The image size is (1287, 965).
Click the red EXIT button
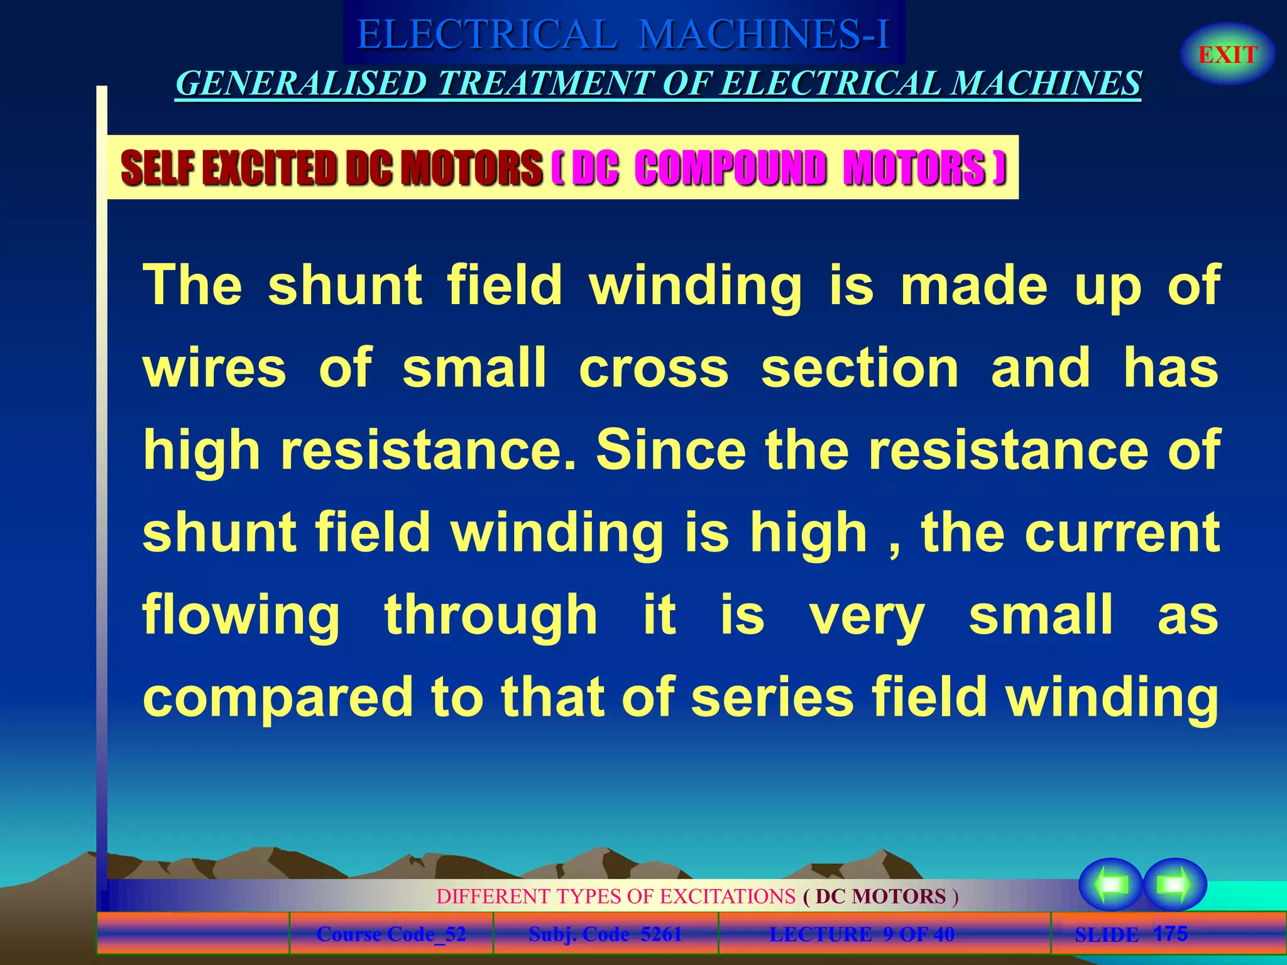coord(1227,55)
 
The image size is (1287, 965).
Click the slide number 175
coord(1170,934)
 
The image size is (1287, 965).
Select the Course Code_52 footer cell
coord(391,934)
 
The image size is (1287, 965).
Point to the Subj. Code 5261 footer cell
coord(605,934)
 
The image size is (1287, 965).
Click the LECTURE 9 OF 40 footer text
coord(862,934)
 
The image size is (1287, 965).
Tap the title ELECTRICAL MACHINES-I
coord(623,34)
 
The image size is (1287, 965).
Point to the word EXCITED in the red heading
coord(273,168)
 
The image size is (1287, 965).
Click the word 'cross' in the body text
coord(654,368)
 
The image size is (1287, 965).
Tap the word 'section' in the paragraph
coord(860,368)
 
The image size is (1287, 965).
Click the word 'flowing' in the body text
coord(241,616)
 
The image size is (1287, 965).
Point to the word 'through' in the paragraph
coord(491,616)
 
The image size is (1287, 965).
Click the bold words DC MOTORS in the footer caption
coord(880,896)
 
